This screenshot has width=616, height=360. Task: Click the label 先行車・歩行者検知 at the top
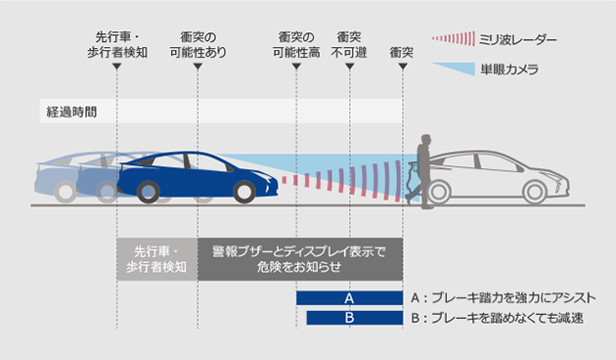[115, 44]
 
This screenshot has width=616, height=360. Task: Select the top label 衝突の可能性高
[295, 44]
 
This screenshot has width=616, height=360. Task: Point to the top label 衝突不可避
[350, 44]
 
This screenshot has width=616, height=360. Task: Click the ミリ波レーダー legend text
[518, 39]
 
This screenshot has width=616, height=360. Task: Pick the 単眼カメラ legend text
[509, 69]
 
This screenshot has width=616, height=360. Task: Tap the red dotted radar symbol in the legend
[451, 39]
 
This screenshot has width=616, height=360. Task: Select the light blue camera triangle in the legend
[451, 69]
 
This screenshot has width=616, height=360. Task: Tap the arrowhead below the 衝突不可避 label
[350, 67]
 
